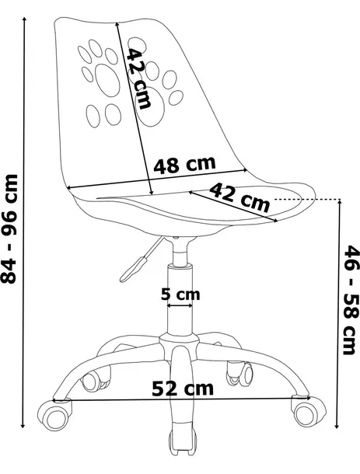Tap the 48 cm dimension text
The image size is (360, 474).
(x=183, y=165)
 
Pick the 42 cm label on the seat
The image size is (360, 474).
(x=239, y=199)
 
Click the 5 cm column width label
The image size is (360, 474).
(x=180, y=294)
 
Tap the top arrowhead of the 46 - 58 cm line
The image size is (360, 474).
(x=339, y=204)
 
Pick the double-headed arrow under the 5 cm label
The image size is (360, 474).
(x=180, y=306)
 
